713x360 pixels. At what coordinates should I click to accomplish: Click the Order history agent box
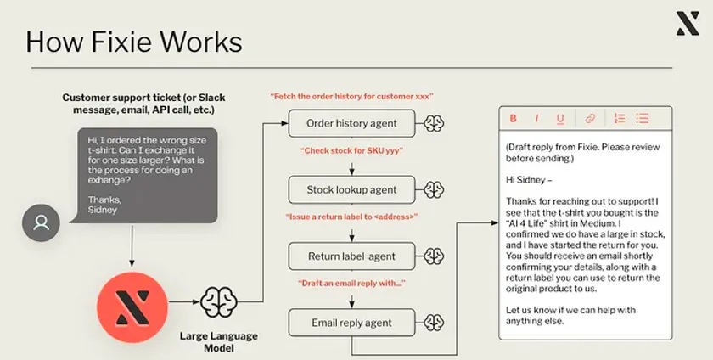click(351, 123)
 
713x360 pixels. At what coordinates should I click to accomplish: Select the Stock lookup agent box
click(351, 190)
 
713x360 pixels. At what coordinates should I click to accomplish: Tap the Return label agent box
click(351, 256)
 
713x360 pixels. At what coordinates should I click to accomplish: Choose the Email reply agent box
click(351, 323)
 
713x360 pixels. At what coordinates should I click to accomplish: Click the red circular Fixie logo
click(132, 307)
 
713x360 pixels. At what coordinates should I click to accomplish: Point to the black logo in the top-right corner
click(687, 24)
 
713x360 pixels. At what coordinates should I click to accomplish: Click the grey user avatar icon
click(41, 222)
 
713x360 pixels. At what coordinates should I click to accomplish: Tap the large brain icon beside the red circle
click(219, 301)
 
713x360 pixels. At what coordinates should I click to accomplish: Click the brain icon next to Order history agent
click(434, 123)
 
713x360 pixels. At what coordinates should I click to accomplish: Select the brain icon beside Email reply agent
click(434, 323)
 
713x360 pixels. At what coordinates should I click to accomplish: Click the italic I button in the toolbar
click(536, 119)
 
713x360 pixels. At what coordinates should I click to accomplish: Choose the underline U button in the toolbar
click(560, 119)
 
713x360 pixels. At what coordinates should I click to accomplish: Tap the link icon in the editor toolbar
click(590, 118)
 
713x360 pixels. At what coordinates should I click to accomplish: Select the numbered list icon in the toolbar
click(620, 118)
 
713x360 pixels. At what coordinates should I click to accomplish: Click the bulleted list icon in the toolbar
click(643, 118)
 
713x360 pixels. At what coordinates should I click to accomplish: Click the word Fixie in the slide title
click(122, 42)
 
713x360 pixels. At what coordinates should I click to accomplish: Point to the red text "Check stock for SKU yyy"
click(351, 150)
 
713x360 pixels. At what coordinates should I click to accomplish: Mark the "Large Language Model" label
click(219, 342)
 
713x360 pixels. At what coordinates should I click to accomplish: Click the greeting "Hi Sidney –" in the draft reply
click(529, 180)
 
